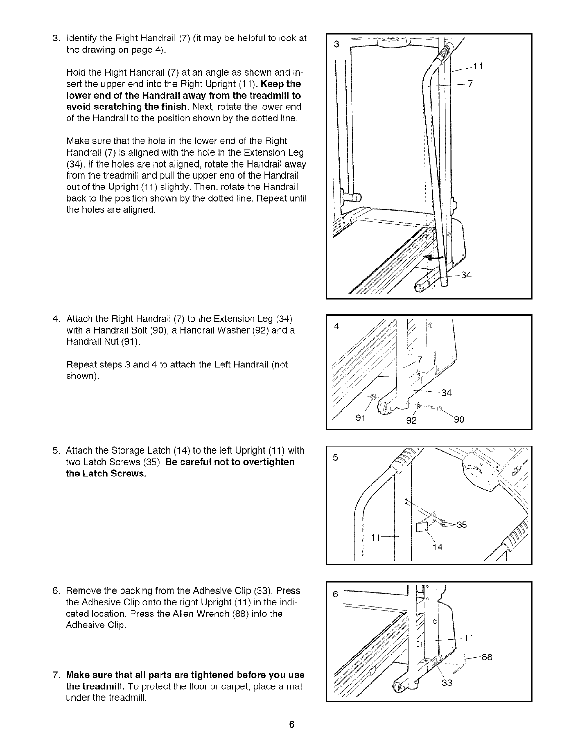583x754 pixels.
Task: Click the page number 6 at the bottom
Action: coord(291,724)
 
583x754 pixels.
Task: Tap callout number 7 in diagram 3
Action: coord(470,84)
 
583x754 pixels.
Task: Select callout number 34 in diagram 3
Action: coord(466,275)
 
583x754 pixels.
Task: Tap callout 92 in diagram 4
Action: coord(411,420)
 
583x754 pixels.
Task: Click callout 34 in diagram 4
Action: coord(446,393)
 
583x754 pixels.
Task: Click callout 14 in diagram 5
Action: coord(438,547)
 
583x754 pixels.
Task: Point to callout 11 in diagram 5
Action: coord(376,537)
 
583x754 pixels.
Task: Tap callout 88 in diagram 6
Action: coord(486,658)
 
